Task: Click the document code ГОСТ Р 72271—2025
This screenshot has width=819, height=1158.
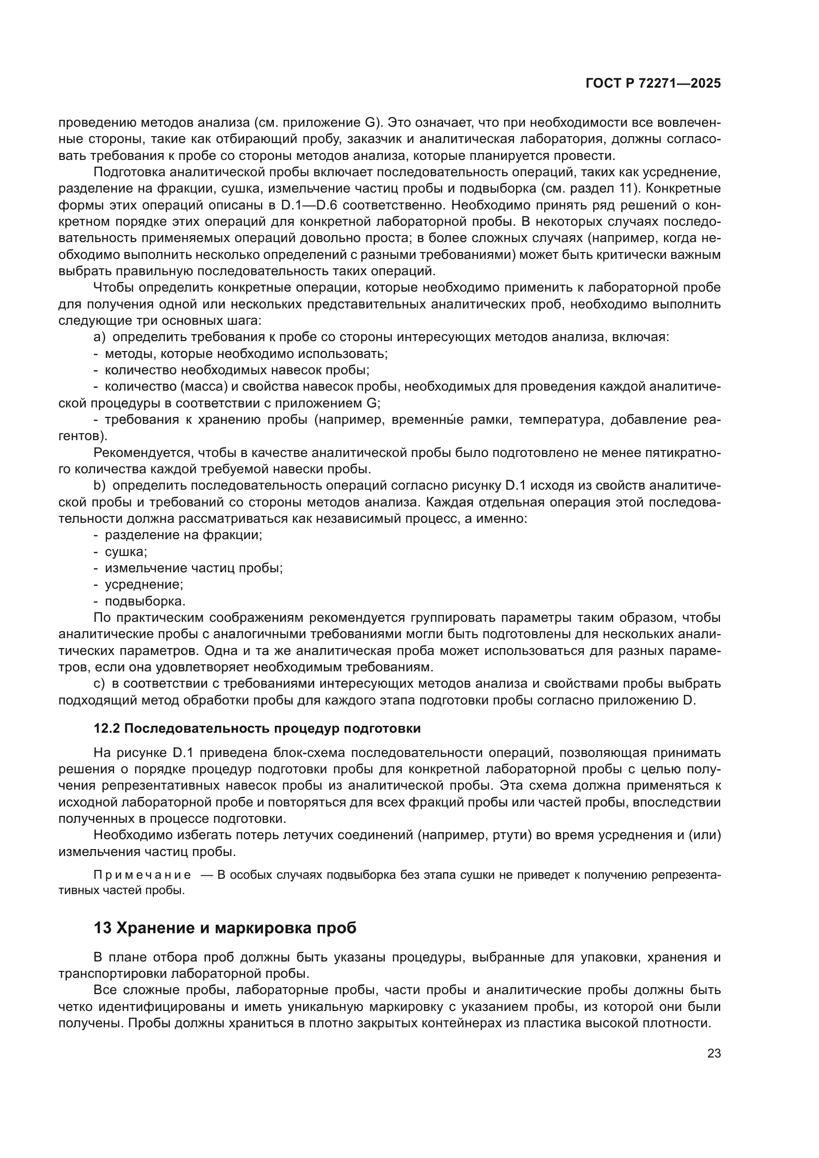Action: click(x=653, y=84)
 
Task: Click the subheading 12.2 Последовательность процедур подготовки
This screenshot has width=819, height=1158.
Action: click(x=257, y=728)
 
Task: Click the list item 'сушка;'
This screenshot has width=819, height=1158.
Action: click(x=126, y=551)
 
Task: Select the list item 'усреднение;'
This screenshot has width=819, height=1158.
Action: click(x=144, y=585)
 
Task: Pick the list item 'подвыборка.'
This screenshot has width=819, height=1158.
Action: click(x=145, y=601)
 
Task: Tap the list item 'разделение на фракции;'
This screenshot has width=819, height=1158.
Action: click(x=184, y=535)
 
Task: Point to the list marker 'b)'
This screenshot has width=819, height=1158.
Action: click(x=100, y=486)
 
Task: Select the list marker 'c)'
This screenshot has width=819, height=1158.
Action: click(x=100, y=683)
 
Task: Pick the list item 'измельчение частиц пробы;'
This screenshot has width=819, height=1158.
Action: click(x=194, y=568)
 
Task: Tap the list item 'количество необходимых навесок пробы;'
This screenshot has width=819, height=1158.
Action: click(x=237, y=370)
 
